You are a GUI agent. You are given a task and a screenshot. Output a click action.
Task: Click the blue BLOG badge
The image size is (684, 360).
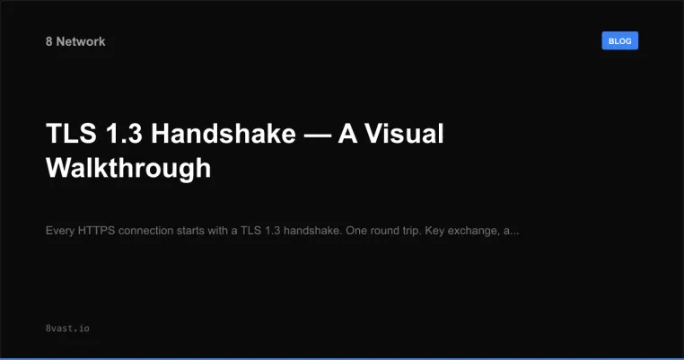[619, 41]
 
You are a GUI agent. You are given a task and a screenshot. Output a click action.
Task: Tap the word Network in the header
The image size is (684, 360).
[80, 41]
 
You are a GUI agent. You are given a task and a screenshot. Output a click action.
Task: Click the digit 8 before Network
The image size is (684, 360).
[48, 41]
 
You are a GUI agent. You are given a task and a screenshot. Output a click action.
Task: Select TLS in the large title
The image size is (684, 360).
[68, 135]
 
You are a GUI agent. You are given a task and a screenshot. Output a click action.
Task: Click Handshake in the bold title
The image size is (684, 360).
[224, 135]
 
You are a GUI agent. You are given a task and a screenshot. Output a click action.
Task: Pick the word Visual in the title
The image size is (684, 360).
[405, 135]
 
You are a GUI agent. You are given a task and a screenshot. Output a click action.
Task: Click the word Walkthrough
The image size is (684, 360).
[128, 168]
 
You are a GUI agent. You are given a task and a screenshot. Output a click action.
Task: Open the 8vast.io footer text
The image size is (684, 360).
[67, 329]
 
